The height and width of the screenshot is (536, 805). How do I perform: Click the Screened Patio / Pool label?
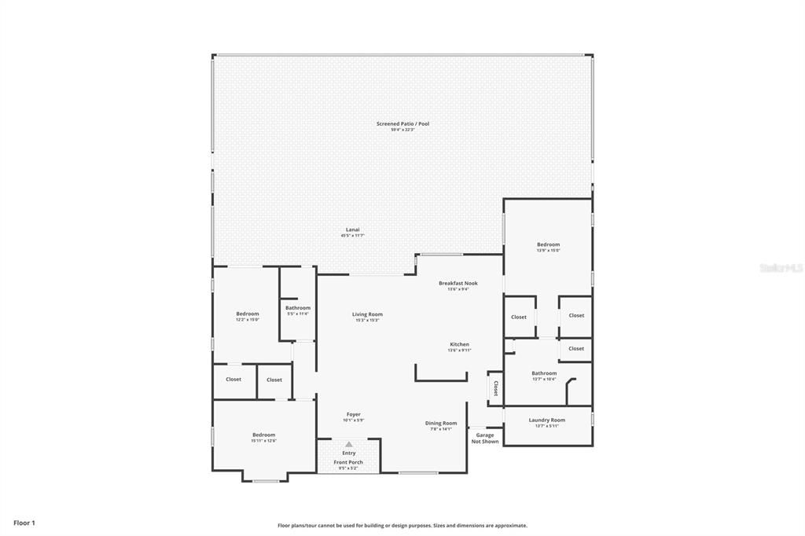coord(402,123)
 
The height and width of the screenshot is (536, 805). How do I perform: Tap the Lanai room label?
coord(352,229)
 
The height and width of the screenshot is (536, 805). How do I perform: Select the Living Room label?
coord(367,314)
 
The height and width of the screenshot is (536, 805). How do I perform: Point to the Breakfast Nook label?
coord(458,283)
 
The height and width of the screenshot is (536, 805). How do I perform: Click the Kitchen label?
coord(459,344)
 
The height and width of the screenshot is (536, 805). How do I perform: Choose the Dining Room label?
coord(441,423)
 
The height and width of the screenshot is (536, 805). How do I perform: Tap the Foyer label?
coord(354,414)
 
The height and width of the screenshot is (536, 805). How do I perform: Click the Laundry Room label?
coord(546,420)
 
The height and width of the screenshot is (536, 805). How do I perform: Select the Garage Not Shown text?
coord(485,438)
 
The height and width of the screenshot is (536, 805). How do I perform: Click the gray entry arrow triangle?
coord(349,444)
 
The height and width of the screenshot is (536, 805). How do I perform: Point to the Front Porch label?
coord(348,462)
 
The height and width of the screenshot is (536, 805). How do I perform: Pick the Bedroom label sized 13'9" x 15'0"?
coord(548,244)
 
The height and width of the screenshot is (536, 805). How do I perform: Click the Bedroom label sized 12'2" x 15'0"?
coord(247,314)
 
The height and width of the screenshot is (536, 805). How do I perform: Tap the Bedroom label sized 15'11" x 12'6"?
coord(263,435)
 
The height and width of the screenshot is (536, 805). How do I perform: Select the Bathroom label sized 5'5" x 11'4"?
coord(298,308)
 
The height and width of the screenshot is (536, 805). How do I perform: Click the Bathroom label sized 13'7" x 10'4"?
coord(544,373)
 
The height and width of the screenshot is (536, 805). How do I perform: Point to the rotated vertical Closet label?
coord(495,387)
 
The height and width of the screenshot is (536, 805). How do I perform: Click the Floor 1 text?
coord(24,523)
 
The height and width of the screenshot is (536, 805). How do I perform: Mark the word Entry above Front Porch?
coord(349,453)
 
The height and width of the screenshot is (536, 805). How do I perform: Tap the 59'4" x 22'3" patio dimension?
coord(402,130)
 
